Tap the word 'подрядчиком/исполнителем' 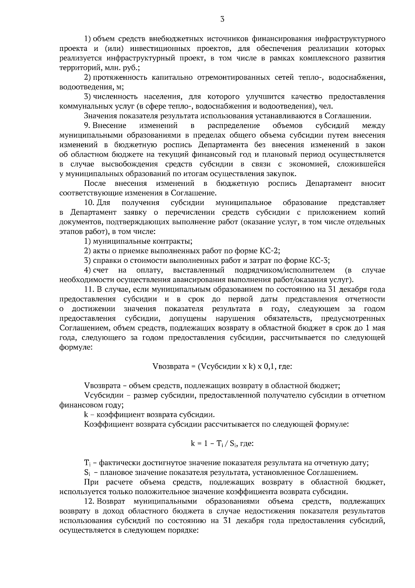click(x=285, y=270)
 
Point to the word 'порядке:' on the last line click(x=184, y=531)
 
